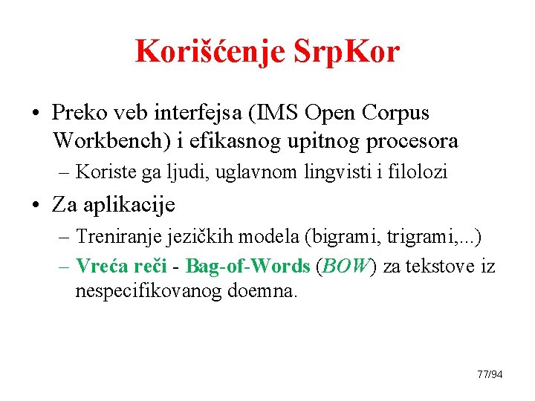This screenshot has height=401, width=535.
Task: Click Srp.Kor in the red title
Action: click(x=346, y=51)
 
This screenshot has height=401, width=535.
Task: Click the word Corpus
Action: click(x=397, y=113)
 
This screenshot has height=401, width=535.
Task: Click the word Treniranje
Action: click(x=116, y=238)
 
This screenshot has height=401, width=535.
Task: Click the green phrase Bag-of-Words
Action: click(x=247, y=266)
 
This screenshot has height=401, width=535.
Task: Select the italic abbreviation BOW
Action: click(x=346, y=266)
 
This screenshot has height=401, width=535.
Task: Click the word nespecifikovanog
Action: click(x=147, y=291)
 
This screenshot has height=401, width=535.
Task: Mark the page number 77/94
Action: click(x=490, y=374)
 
